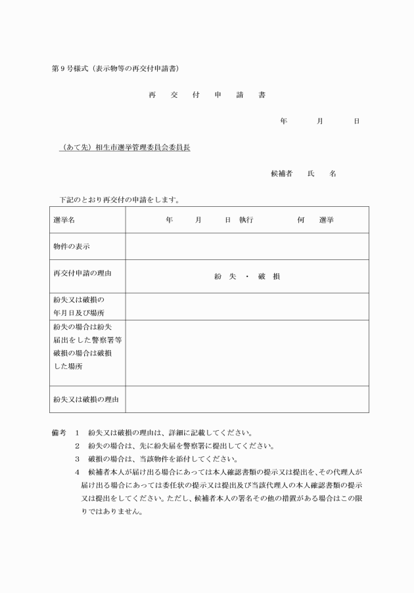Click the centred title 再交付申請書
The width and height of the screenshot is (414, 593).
pos(207,95)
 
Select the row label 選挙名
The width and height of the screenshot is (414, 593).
pos(64,220)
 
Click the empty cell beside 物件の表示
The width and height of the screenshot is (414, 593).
pos(246,247)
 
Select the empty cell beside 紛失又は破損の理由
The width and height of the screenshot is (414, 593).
pos(246,399)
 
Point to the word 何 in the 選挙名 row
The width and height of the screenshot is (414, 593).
pos(300,220)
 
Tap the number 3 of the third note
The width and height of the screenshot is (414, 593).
pos(77,458)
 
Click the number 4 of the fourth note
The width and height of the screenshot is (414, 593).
pos(77,472)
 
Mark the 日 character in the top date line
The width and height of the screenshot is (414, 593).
pos(356,121)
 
